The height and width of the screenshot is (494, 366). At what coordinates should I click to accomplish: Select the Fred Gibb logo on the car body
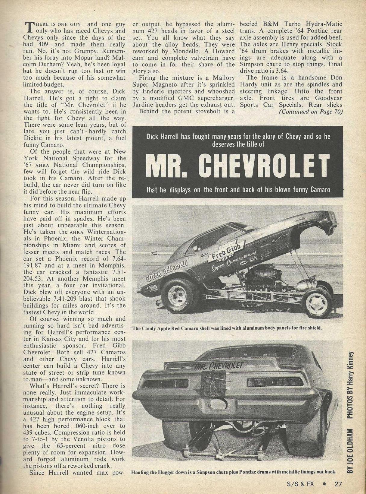(x=225, y=251)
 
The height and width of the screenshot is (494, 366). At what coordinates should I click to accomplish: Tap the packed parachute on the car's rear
(x=213, y=383)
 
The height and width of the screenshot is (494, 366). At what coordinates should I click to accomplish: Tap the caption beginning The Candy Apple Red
(x=227, y=328)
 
